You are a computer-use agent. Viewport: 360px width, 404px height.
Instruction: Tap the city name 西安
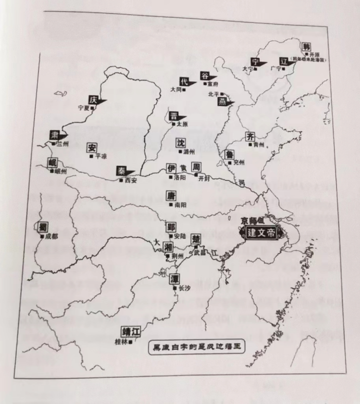[131, 180]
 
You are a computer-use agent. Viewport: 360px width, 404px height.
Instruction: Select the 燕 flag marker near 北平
[223, 101]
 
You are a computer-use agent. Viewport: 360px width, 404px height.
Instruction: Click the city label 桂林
[121, 342]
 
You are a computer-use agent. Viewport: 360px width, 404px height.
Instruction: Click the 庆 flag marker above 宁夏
[93, 100]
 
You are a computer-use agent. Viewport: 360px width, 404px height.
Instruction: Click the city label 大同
[174, 90]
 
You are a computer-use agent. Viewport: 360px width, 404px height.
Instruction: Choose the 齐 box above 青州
[250, 136]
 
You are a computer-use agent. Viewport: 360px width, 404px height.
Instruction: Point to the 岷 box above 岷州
[52, 162]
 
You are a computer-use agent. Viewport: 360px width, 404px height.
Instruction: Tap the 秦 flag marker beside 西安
[120, 170]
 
